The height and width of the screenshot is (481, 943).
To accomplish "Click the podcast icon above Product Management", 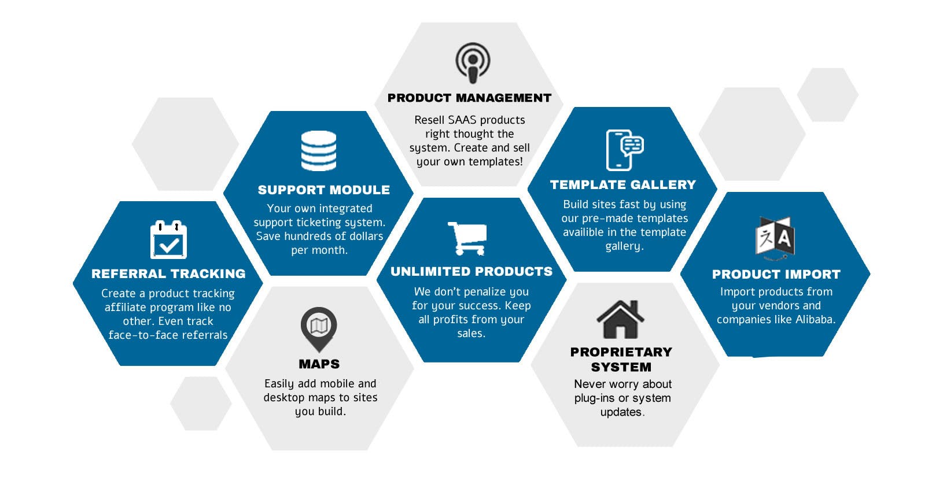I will point(473,62).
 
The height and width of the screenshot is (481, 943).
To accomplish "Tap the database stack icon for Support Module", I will point(319,151).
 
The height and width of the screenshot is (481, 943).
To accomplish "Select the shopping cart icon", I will point(467,238).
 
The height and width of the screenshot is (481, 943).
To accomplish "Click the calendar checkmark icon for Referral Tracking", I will point(168,240).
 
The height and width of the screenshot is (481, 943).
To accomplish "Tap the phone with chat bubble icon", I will point(624,150).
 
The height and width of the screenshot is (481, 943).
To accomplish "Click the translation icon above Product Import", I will point(775,237).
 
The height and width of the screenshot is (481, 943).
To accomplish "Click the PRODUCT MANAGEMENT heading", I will point(469,98).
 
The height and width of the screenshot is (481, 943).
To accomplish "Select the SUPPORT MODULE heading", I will point(323,190).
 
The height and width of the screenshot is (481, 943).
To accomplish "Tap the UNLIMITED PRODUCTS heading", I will point(471,272).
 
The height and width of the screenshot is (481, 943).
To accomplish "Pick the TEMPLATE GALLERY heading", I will point(623,185).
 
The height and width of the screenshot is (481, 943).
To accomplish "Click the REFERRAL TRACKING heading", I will point(168,274).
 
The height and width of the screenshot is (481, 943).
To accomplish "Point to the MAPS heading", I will point(319,364).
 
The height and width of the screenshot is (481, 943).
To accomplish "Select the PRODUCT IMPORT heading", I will point(776,275).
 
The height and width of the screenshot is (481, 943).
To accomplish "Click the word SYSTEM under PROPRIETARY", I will point(621,367).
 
